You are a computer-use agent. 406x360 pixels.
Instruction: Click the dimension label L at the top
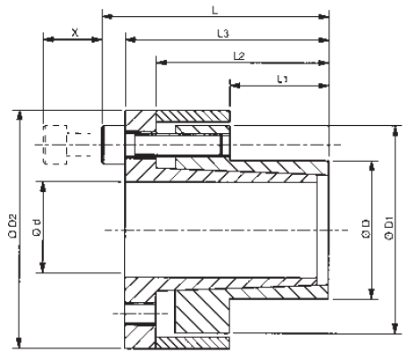213,7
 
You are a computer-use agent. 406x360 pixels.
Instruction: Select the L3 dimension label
225,33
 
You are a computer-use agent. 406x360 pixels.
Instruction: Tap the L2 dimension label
238,55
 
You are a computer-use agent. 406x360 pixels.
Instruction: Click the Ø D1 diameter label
390,230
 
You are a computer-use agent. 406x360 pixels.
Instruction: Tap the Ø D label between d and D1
365,230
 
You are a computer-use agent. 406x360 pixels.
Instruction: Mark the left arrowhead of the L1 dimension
233,87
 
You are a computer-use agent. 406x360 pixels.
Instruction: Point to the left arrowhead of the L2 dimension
161,63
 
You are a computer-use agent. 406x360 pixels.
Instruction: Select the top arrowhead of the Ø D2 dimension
18,115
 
